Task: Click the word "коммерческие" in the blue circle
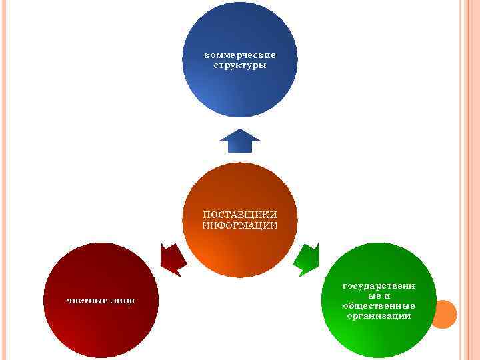(240, 55)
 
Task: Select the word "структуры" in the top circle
(240, 65)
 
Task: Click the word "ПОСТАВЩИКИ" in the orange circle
(240, 215)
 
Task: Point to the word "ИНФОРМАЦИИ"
(240, 225)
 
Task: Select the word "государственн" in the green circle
(379, 285)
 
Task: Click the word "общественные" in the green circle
(379, 305)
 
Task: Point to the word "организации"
(379, 315)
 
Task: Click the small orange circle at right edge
(443, 314)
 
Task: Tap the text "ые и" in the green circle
(379, 295)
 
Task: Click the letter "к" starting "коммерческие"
(207, 55)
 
